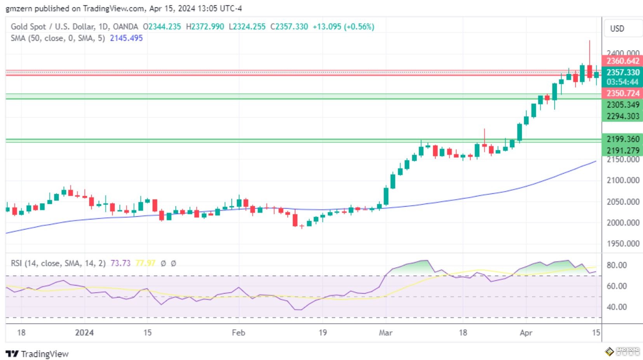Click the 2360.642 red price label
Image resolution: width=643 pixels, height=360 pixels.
[622, 61]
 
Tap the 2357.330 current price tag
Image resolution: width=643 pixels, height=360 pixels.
[622, 72]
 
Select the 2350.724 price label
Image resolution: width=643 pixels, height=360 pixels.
[622, 93]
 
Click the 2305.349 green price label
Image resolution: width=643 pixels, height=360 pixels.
[622, 104]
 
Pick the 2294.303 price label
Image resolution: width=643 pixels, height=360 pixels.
[622, 116]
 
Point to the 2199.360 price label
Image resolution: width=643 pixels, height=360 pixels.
[622, 139]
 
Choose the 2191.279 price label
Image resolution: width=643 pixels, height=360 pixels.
[622, 150]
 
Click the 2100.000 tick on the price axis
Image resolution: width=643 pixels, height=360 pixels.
[623, 180]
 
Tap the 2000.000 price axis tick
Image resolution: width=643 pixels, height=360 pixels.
[623, 223]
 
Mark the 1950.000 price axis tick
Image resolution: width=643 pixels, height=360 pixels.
[623, 243]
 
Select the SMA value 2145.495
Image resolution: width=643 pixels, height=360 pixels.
[126, 38]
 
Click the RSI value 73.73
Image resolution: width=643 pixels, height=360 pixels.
[120, 263]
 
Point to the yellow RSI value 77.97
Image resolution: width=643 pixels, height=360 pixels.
[145, 263]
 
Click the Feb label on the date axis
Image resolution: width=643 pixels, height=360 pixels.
[238, 333]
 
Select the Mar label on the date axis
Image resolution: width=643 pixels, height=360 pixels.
[385, 333]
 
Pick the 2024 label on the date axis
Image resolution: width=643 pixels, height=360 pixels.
[84, 333]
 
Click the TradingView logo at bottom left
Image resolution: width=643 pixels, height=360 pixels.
[37, 354]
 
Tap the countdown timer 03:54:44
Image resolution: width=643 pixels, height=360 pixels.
[622, 82]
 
